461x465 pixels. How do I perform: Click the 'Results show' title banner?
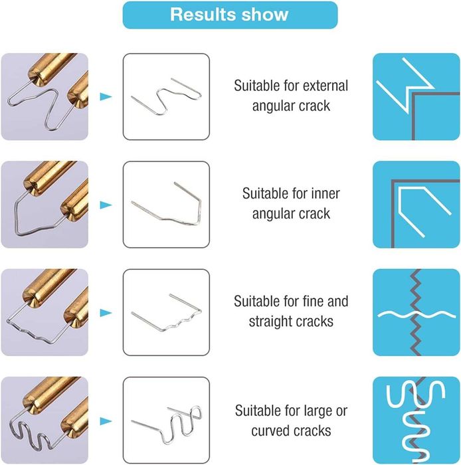[230, 15]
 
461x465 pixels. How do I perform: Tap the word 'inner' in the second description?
[325, 194]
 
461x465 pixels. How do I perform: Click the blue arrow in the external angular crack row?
[106, 96]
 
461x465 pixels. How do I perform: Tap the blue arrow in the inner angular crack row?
[106, 205]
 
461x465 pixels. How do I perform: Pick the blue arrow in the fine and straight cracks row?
[106, 313]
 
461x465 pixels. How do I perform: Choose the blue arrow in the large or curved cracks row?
[106, 421]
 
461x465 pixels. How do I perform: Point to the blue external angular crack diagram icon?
[416, 97]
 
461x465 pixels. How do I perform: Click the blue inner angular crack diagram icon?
[416, 205]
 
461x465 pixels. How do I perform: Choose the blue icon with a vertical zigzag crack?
[416, 313]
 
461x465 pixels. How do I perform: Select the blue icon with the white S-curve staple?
[416, 420]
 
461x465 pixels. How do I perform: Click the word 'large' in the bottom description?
[317, 411]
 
